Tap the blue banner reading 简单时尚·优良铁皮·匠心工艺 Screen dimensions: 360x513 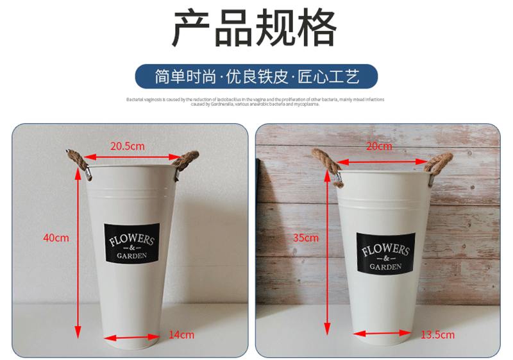(x=256, y=76)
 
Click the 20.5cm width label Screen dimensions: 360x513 (x=127, y=146)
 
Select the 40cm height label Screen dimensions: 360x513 (x=56, y=237)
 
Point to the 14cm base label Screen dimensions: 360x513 (x=181, y=334)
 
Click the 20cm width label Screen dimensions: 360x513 (x=378, y=146)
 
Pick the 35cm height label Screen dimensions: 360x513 (x=307, y=237)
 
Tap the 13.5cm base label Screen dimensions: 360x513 (x=437, y=334)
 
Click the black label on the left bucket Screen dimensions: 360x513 (x=131, y=243)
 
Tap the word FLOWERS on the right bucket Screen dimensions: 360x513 (x=385, y=248)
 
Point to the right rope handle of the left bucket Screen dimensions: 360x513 (x=189, y=160)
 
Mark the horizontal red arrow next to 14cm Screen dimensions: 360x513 (x=131, y=336)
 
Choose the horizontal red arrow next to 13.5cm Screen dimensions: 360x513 (x=382, y=334)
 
